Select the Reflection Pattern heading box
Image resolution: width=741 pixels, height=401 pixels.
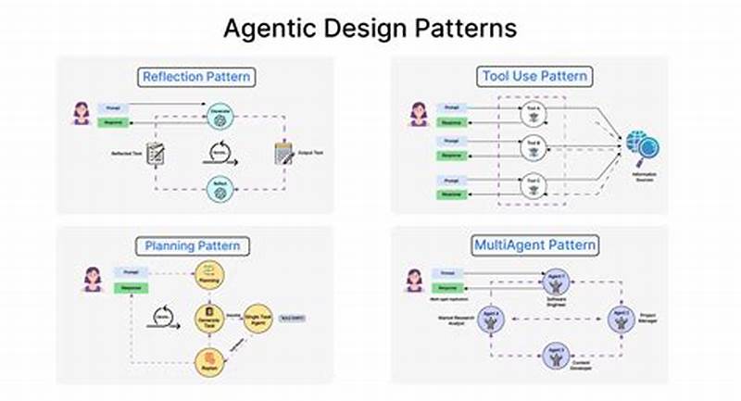(195, 76)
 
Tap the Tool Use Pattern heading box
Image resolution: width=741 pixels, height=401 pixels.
(534, 76)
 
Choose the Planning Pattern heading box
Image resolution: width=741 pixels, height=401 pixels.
(194, 245)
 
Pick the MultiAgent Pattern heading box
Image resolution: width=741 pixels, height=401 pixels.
(534, 245)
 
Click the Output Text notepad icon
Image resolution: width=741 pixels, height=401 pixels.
(282, 152)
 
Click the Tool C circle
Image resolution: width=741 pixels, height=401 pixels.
(532, 182)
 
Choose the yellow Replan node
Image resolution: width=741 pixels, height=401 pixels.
(209, 359)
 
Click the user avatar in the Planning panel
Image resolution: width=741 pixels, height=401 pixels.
(92, 278)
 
